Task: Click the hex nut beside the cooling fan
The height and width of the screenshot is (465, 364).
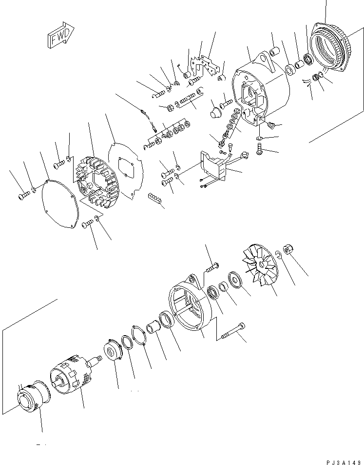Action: (287, 249)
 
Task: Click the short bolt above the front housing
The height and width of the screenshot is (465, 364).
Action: (212, 266)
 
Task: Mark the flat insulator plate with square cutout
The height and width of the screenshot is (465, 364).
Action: (125, 171)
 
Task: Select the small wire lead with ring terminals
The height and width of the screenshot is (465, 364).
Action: (148, 121)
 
